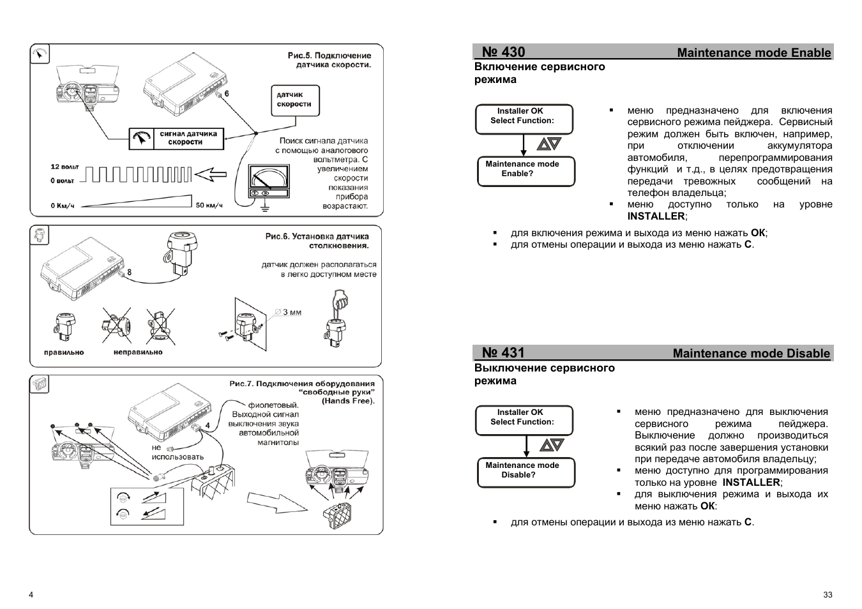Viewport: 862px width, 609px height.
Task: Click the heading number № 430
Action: [503, 52]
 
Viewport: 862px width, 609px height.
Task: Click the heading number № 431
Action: [503, 353]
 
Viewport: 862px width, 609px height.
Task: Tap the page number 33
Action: [828, 594]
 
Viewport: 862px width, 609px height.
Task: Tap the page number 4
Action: [31, 594]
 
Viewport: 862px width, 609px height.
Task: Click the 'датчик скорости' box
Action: [294, 100]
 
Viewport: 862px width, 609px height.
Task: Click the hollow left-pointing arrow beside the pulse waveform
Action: [211, 174]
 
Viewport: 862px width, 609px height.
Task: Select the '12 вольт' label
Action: [64, 167]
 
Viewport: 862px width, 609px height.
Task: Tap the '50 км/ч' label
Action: [209, 206]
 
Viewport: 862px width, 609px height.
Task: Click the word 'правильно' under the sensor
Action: [64, 352]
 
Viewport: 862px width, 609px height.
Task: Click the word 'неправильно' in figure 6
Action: [138, 352]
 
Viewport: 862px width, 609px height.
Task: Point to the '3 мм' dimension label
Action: [292, 313]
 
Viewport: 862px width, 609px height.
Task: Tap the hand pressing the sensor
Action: [340, 303]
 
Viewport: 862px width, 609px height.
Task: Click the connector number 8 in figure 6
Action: [129, 272]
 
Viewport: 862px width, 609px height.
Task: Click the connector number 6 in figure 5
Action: [227, 93]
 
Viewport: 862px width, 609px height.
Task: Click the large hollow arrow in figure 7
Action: [275, 502]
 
